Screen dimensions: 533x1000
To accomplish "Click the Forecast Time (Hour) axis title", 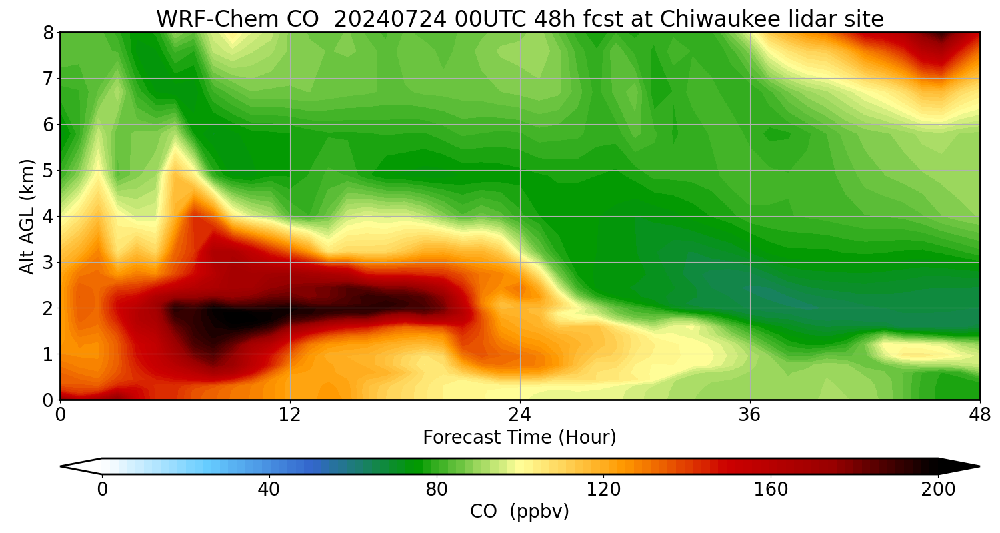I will point(519,438).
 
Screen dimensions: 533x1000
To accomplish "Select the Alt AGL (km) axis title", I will point(27,216).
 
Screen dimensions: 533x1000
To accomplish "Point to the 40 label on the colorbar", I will point(269,490).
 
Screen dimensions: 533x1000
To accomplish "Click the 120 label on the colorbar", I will point(603,490).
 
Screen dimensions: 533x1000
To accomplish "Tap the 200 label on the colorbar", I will point(938,490).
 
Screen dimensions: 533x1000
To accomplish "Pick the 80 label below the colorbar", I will point(436,490).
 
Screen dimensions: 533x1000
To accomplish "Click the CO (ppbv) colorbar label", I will point(519,512).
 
